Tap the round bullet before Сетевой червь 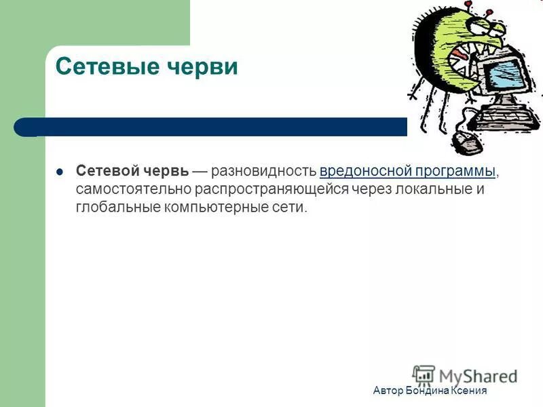(x=60, y=172)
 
